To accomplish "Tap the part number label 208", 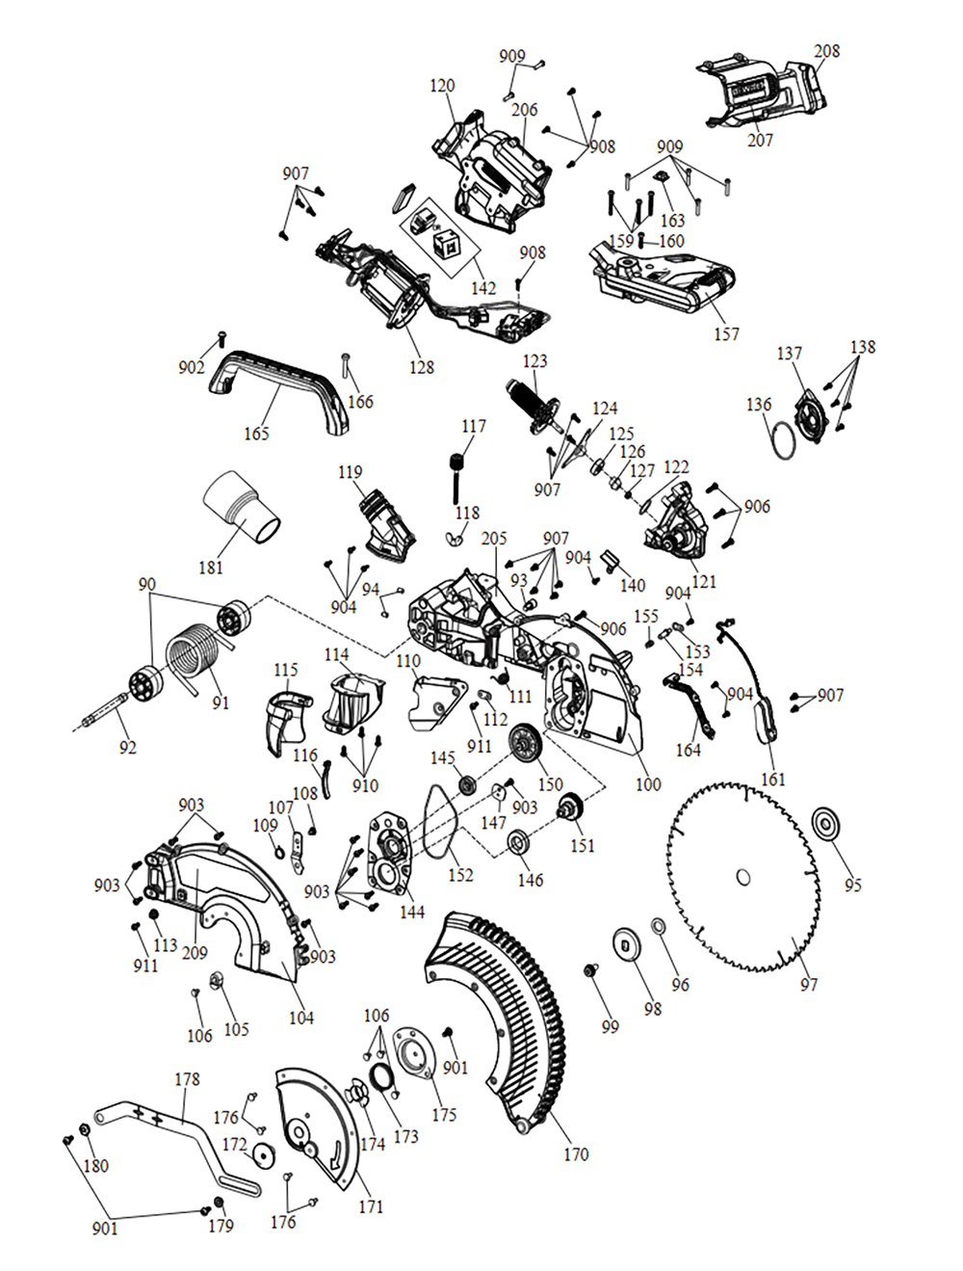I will click(x=826, y=51).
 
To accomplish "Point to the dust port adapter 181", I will click(x=241, y=506).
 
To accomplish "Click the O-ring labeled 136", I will click(x=785, y=439).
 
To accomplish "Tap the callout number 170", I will click(x=575, y=1153).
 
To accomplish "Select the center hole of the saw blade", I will click(x=743, y=877).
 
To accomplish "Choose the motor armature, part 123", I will click(x=530, y=405).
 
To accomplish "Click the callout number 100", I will click(x=648, y=784).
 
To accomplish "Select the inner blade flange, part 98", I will click(x=627, y=943).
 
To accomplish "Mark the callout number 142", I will click(x=483, y=287).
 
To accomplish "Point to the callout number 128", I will click(x=421, y=367).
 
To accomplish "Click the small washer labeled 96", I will click(x=659, y=927).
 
